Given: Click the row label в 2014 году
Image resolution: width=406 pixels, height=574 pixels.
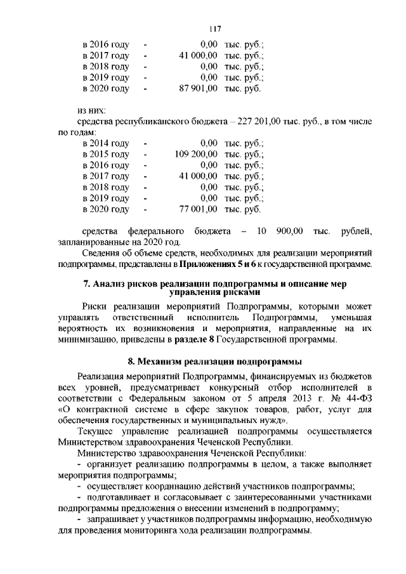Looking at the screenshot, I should (106, 143).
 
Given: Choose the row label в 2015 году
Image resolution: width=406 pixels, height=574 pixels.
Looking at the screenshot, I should (106, 154).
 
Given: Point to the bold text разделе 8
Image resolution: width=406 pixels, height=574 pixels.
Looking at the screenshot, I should (192, 341).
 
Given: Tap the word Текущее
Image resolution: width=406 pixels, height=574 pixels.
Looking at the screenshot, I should (96, 431).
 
